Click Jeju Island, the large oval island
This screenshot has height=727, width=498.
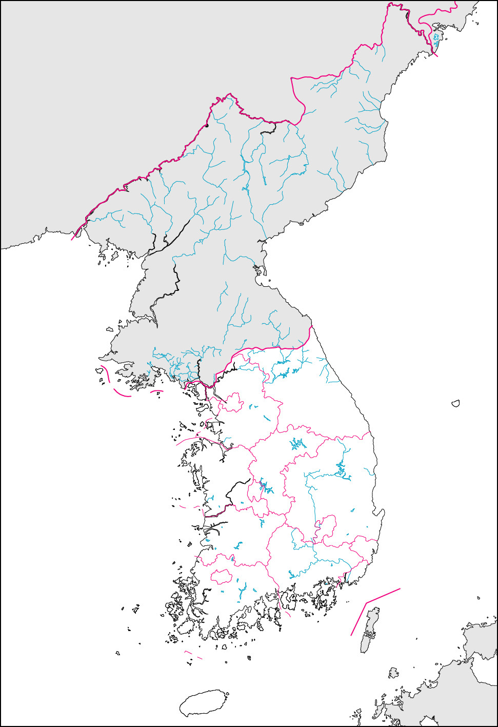pyautogui.click(x=204, y=703)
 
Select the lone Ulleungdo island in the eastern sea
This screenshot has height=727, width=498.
pyautogui.click(x=455, y=404)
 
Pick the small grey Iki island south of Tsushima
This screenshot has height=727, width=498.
pyautogui.click(x=393, y=673)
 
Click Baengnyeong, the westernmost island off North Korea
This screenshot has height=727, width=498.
pyautogui.click(x=97, y=369)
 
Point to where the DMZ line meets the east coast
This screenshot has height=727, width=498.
pyautogui.click(x=311, y=326)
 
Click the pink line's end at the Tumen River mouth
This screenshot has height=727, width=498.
pyautogui.click(x=436, y=55)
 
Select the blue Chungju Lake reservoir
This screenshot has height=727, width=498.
pyautogui.click(x=297, y=444)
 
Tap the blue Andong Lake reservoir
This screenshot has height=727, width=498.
pyautogui.click(x=342, y=469)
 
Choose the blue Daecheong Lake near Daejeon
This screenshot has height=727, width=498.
pyautogui.click(x=265, y=485)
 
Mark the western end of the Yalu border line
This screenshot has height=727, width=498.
pyautogui.click(x=72, y=240)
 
